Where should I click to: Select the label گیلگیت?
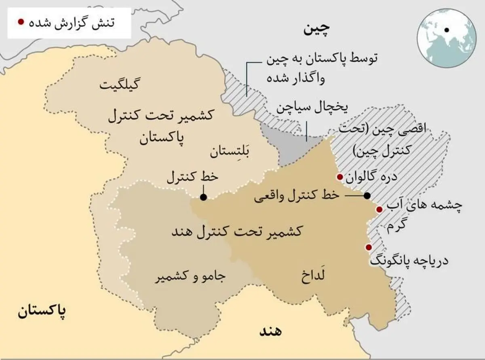[x=119, y=85]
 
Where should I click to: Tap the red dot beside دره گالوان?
[x=340, y=177]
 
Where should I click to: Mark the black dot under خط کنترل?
[x=203, y=197]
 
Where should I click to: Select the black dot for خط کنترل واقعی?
[x=367, y=195]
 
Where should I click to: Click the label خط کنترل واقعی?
[x=296, y=197]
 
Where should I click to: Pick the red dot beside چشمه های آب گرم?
[x=379, y=210]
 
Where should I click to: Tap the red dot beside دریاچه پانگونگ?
[x=369, y=247]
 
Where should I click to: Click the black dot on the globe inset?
[x=447, y=30]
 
